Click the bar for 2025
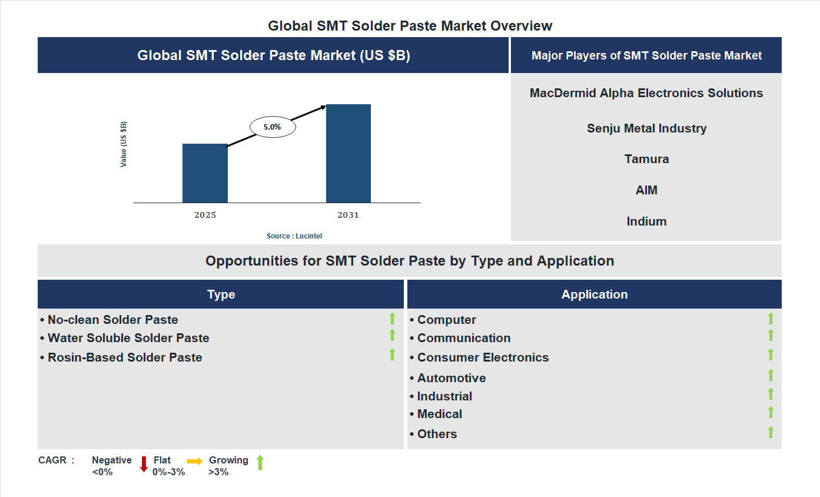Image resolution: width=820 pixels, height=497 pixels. (205, 173)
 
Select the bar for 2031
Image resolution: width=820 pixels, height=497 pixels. (348, 154)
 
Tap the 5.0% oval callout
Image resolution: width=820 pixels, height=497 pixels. (273, 127)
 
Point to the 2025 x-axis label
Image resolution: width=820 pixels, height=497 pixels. (205, 215)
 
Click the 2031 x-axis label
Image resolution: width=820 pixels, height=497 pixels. (348, 215)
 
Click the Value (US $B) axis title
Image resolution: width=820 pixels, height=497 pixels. (124, 144)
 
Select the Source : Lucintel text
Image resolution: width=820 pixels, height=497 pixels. (294, 236)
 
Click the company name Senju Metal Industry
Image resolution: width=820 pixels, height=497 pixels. (646, 128)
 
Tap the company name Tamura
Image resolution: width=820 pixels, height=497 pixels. (646, 159)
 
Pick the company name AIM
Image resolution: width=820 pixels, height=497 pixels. (646, 190)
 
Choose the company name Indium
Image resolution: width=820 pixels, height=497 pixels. (646, 221)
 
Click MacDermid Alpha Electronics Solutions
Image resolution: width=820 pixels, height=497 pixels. (646, 93)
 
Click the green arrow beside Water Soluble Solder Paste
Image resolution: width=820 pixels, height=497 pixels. (392, 335)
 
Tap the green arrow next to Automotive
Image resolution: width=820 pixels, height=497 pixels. (771, 375)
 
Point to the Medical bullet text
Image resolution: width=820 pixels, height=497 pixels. (439, 414)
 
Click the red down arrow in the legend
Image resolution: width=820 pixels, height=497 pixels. (144, 464)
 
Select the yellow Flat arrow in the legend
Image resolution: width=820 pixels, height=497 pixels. (195, 462)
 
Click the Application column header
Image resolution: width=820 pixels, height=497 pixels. (594, 294)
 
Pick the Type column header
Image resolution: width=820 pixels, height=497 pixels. (221, 294)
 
